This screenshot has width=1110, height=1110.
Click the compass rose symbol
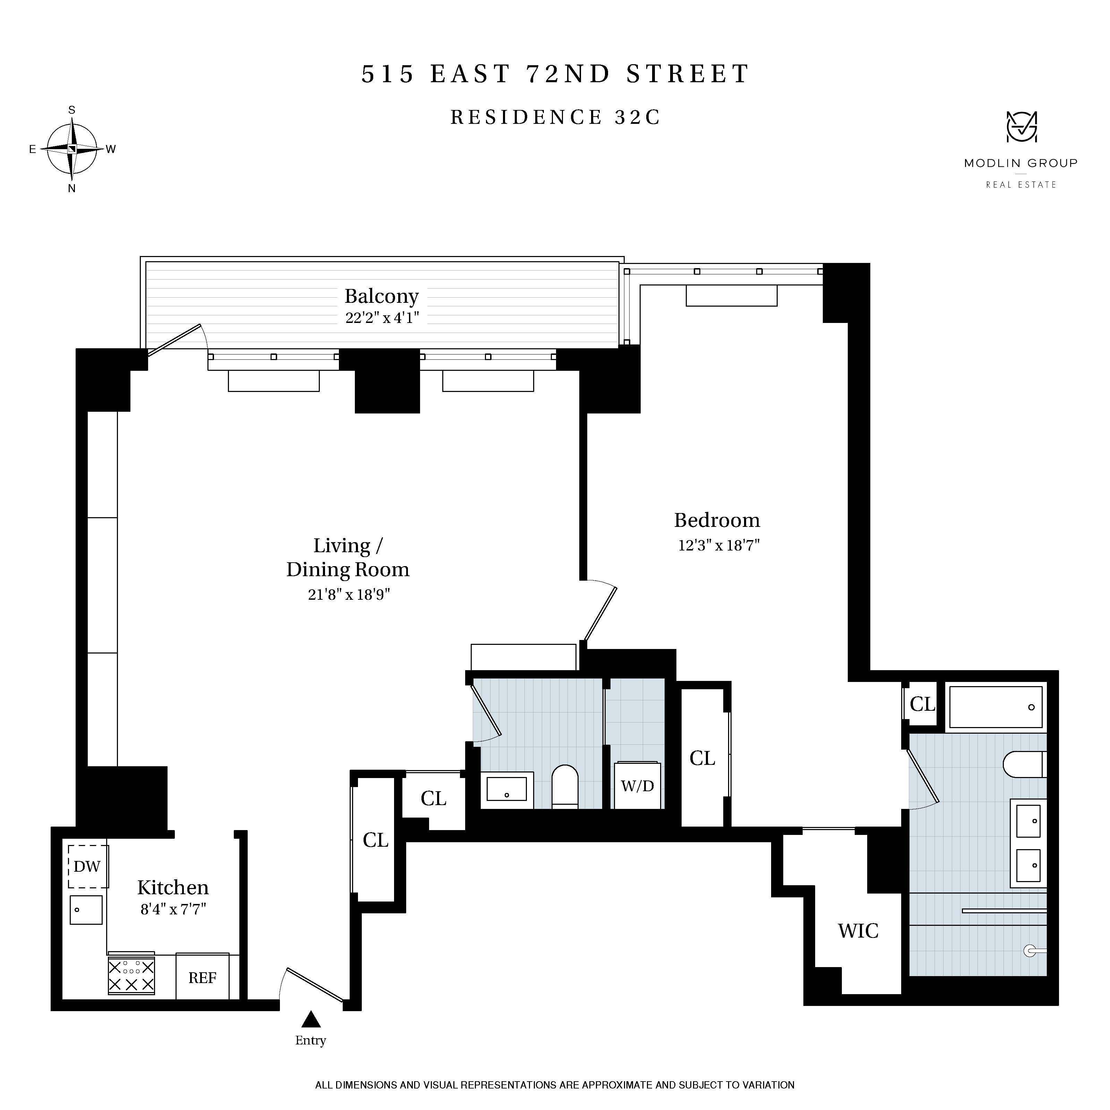click(71, 149)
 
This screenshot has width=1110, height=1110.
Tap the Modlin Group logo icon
click(1021, 127)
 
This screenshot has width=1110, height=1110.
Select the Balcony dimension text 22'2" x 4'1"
click(382, 318)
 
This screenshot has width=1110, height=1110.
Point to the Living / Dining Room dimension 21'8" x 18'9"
click(349, 594)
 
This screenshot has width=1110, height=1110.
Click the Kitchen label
click(172, 888)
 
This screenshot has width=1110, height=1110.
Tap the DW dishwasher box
click(87, 866)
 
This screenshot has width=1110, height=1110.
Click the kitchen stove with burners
click(131, 975)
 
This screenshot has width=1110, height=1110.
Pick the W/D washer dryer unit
click(637, 786)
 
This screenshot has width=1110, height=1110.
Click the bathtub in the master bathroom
click(996, 707)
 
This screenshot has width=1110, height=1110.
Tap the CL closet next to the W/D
click(702, 758)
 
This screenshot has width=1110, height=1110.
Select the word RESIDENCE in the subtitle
click(526, 117)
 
